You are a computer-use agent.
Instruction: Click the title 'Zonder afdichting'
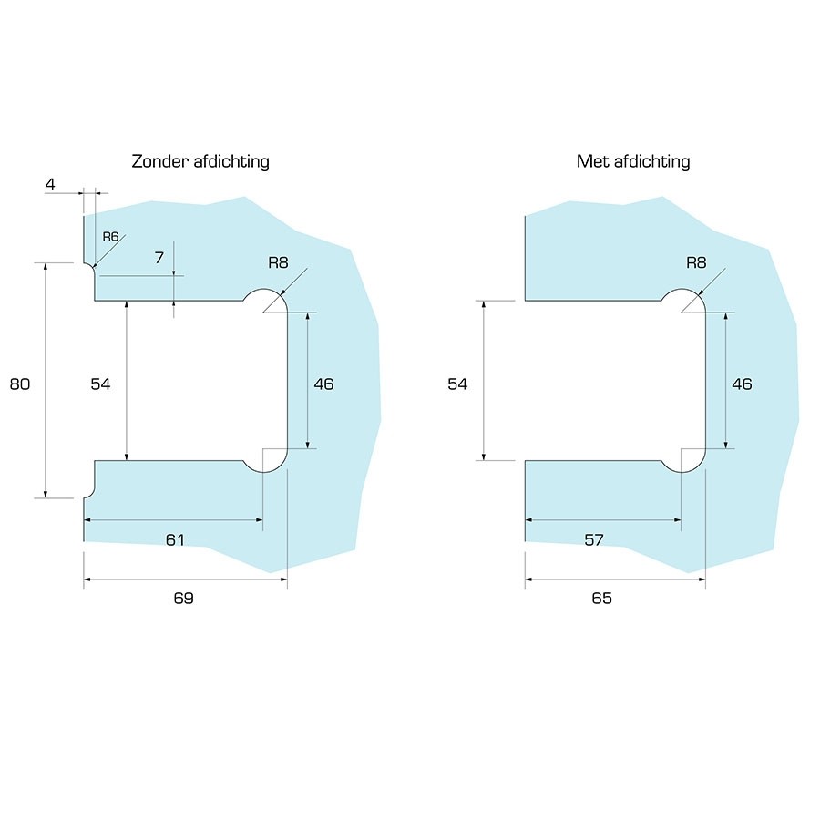click(x=200, y=161)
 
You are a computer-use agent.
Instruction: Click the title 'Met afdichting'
click(x=633, y=161)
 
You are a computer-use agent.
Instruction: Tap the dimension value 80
click(x=20, y=384)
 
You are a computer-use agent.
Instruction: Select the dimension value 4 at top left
click(x=50, y=184)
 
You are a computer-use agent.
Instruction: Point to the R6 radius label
click(x=111, y=237)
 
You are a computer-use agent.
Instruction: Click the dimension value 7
click(x=159, y=257)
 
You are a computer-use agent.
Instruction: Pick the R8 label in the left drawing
click(x=278, y=262)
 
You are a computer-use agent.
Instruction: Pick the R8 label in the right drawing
click(x=696, y=262)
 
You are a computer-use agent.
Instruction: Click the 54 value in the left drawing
click(x=100, y=384)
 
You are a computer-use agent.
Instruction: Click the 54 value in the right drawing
click(x=457, y=384)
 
